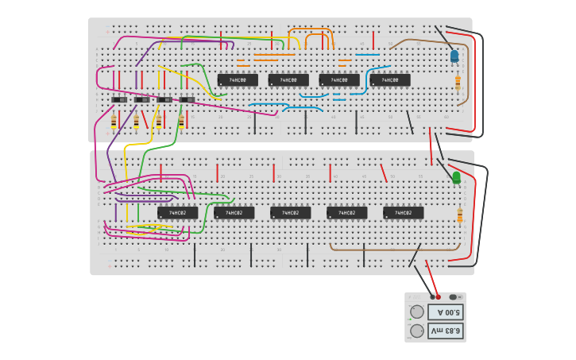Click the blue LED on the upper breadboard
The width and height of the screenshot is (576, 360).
(454, 56)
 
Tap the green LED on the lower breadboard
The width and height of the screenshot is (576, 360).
(456, 178)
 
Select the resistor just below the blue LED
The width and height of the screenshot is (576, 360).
(458, 82)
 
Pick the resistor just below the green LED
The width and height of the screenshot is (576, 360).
(459, 215)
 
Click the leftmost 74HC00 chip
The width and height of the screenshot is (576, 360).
(238, 80)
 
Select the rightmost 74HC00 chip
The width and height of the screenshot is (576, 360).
(390, 80)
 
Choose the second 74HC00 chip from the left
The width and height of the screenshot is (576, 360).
(288, 80)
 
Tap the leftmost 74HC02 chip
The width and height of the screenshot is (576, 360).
(177, 213)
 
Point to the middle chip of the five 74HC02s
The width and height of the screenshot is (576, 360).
(291, 213)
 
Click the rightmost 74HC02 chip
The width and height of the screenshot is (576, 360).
(404, 213)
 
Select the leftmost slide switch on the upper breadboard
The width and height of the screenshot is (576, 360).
(119, 99)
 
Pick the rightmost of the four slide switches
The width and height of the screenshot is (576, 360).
(187, 99)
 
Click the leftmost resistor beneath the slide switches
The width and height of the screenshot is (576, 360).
(114, 121)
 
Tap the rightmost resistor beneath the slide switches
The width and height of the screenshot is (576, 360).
(181, 121)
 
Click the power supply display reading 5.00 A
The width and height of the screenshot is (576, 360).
(445, 312)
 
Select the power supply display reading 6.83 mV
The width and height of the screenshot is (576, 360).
(445, 330)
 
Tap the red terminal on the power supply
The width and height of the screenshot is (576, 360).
(438, 296)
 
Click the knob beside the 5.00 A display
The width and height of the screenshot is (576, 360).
(417, 312)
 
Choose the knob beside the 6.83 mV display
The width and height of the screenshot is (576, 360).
(417, 331)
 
